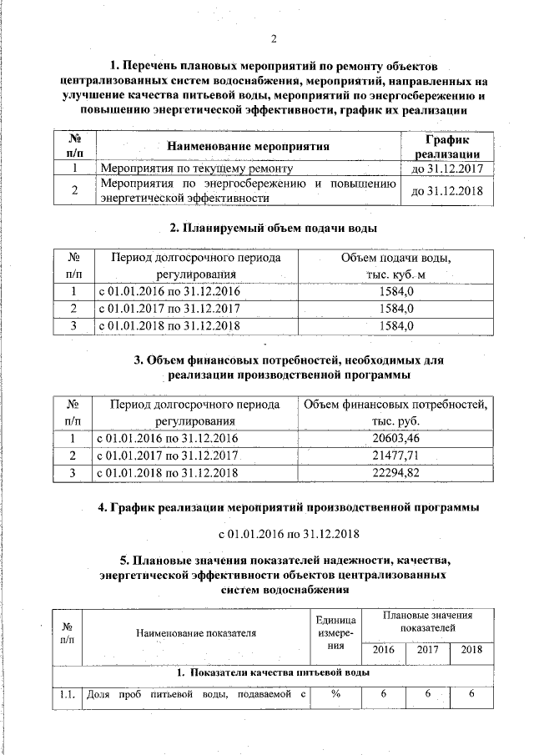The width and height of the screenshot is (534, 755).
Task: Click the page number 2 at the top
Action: [273, 37]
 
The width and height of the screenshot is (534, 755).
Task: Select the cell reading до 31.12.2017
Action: [442, 169]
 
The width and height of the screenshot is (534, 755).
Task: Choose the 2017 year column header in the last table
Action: [426, 650]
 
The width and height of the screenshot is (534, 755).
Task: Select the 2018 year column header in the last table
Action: [471, 650]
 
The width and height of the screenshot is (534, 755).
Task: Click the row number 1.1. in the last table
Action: [68, 694]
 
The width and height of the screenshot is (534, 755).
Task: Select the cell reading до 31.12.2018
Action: [442, 191]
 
